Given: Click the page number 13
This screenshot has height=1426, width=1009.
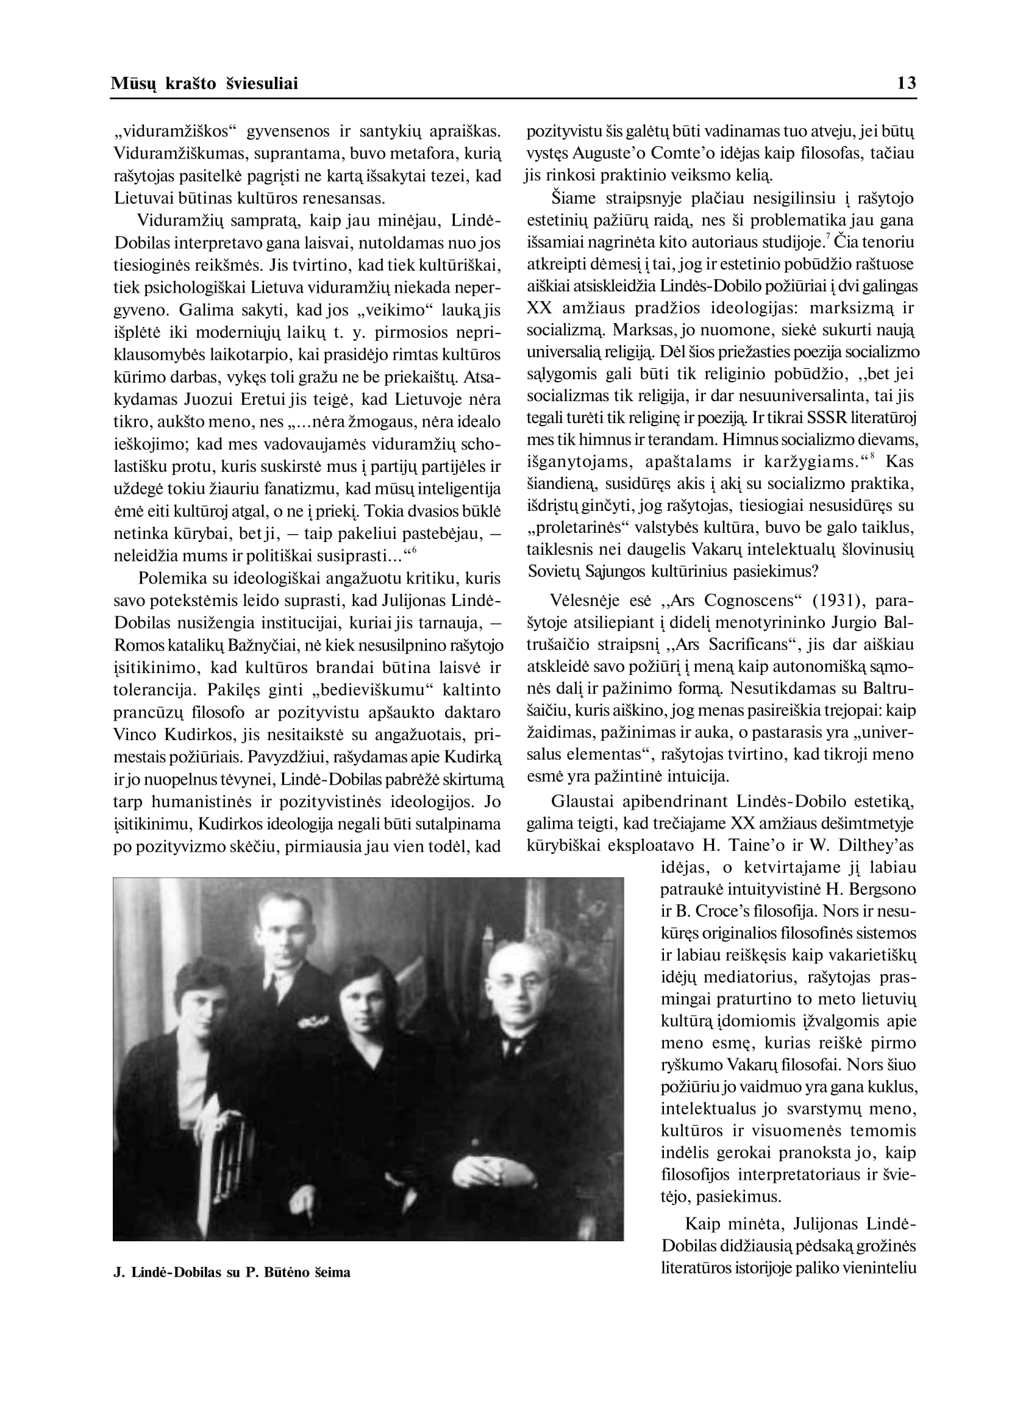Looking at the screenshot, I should pyautogui.click(x=907, y=84).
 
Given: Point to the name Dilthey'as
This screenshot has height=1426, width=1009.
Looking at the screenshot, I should pyautogui.click(x=876, y=845).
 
